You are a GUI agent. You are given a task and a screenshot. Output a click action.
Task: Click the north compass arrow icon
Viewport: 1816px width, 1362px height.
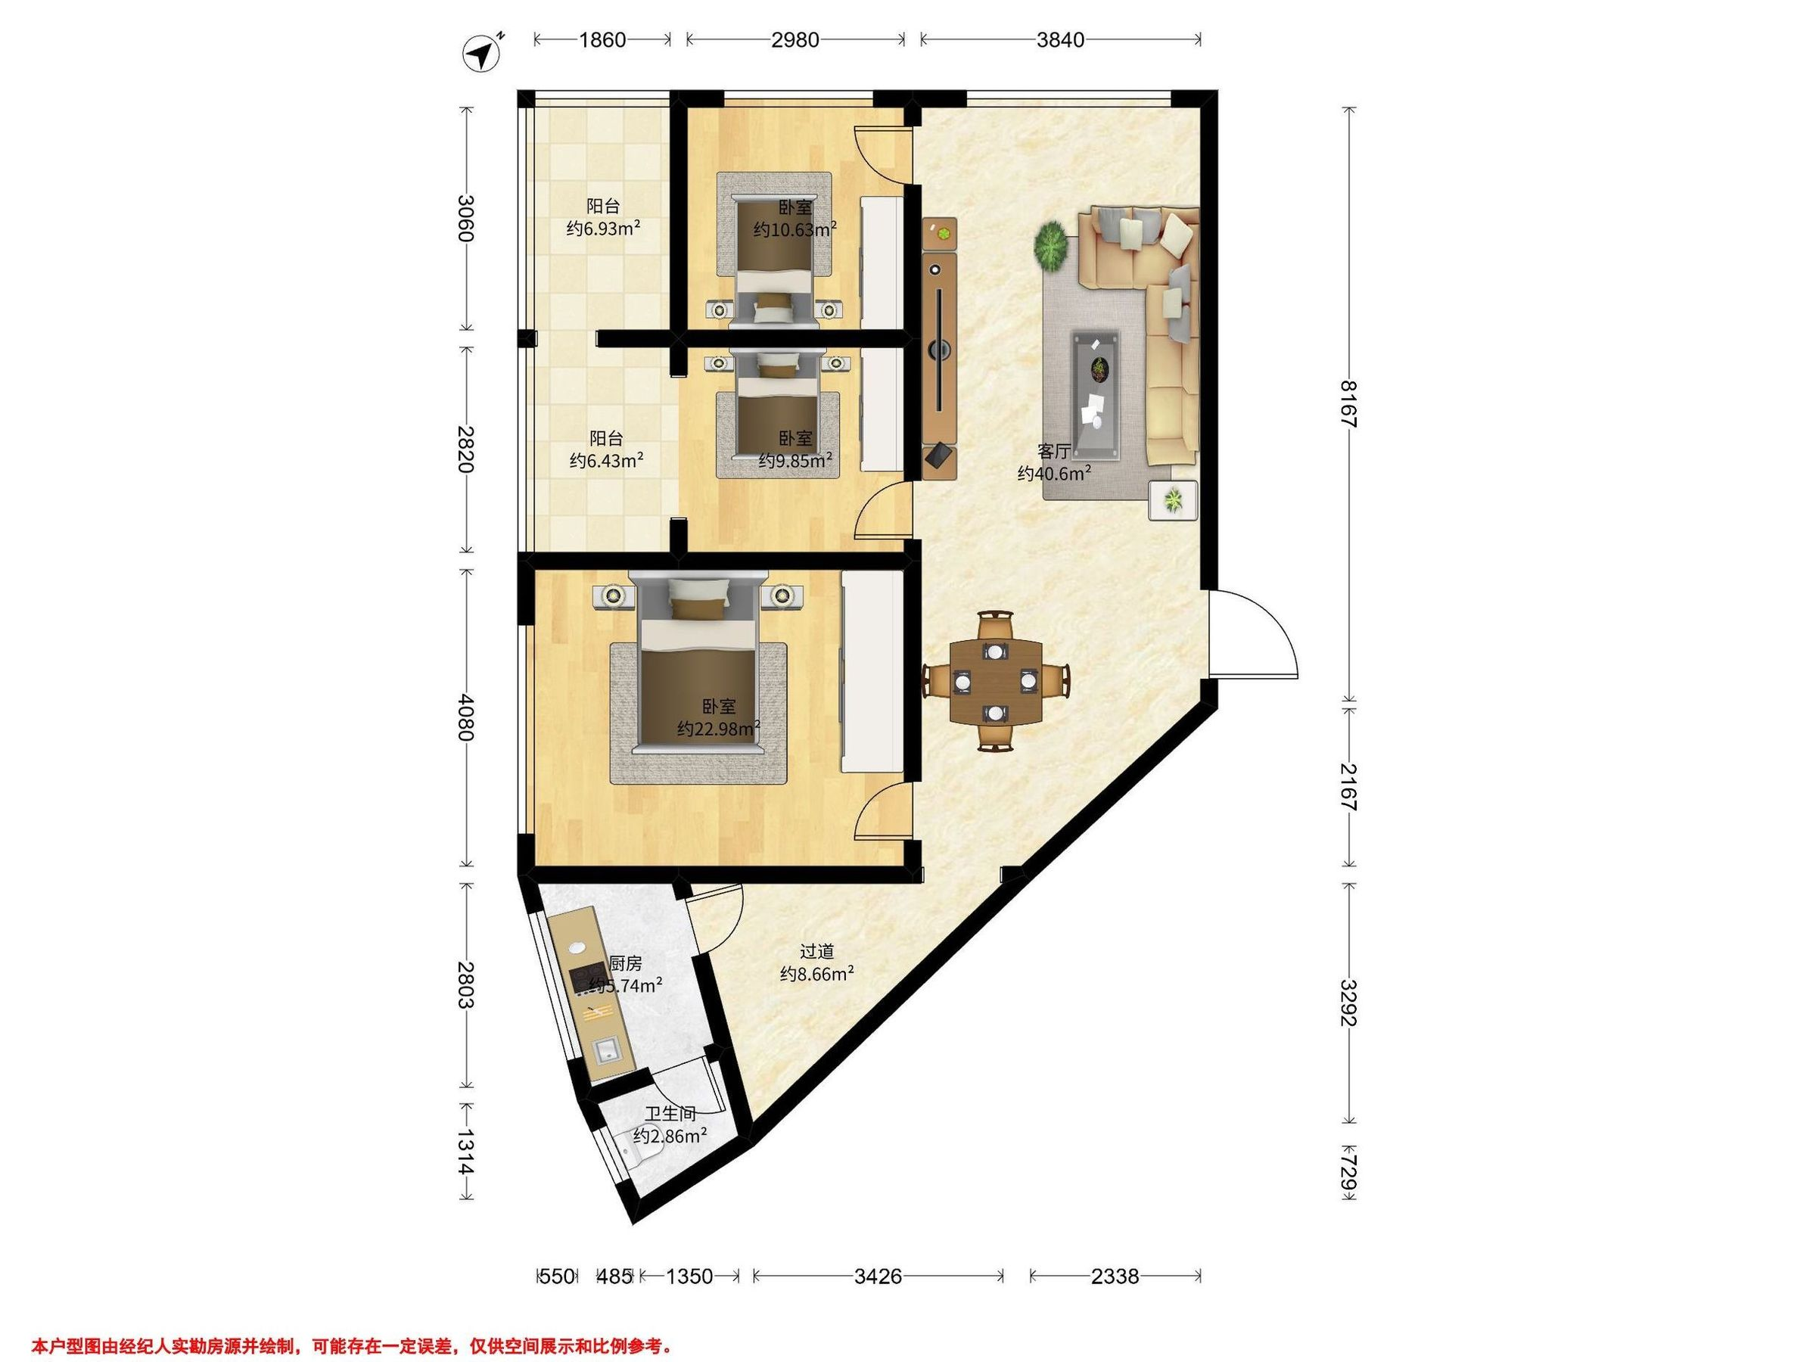(482, 54)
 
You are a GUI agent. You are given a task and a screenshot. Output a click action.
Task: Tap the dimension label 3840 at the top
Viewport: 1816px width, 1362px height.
(1060, 39)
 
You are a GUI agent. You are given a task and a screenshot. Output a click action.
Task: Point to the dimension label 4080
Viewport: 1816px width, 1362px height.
(465, 717)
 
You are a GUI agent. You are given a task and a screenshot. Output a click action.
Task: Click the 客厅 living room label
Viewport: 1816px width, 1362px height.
(1054, 452)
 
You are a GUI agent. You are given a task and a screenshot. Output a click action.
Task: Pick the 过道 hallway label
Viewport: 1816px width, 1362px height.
(817, 952)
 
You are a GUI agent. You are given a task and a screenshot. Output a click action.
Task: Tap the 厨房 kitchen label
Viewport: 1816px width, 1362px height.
(625, 964)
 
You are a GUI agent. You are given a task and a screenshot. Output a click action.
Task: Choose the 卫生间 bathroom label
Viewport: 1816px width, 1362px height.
(670, 1114)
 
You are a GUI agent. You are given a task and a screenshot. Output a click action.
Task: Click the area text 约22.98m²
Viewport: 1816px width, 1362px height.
(718, 728)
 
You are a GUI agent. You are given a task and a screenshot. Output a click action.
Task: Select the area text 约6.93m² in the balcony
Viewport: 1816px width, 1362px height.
(603, 229)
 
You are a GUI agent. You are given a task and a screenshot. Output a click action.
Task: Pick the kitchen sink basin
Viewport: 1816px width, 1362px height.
(607, 1050)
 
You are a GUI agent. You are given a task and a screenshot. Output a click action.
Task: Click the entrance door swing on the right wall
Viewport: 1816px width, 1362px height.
(1253, 634)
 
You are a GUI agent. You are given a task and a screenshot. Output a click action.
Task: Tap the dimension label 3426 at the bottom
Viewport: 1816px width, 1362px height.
(878, 1276)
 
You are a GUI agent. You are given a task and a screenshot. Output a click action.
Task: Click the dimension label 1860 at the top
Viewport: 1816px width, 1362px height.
(602, 39)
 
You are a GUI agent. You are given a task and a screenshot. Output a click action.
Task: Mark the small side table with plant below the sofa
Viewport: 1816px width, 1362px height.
(1173, 499)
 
